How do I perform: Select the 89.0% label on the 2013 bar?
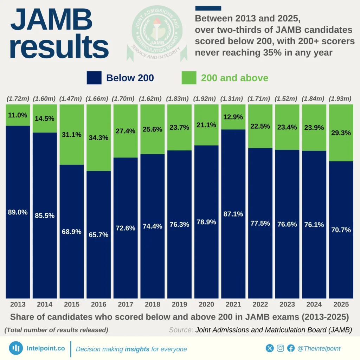[x=18, y=212]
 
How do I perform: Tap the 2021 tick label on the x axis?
[x=233, y=304]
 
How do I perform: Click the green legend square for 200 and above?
[x=189, y=78]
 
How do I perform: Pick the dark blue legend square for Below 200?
[x=94, y=78]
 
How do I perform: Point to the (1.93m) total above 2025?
[x=341, y=99]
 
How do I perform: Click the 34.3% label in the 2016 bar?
[x=98, y=138]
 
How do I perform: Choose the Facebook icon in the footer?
[x=291, y=348]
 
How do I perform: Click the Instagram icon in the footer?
[x=280, y=348]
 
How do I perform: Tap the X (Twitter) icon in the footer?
[x=270, y=348]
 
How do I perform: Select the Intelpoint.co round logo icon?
[x=16, y=348]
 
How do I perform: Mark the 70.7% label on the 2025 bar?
[x=341, y=230]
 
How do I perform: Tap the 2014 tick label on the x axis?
[x=45, y=304]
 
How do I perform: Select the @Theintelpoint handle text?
[x=319, y=348]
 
